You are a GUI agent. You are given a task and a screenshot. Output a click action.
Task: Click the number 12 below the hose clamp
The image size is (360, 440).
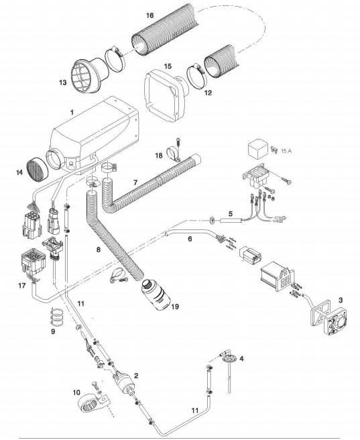click(x=208, y=93)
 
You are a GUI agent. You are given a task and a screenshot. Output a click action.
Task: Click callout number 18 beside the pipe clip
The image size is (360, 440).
click(x=158, y=155)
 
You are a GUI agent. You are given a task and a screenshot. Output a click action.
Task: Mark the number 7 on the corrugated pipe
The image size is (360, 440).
click(x=135, y=182)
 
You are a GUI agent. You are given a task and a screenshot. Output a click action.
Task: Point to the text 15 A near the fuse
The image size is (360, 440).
click(x=286, y=153)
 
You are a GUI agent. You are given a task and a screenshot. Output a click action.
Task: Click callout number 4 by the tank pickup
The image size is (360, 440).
click(x=242, y=358)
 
